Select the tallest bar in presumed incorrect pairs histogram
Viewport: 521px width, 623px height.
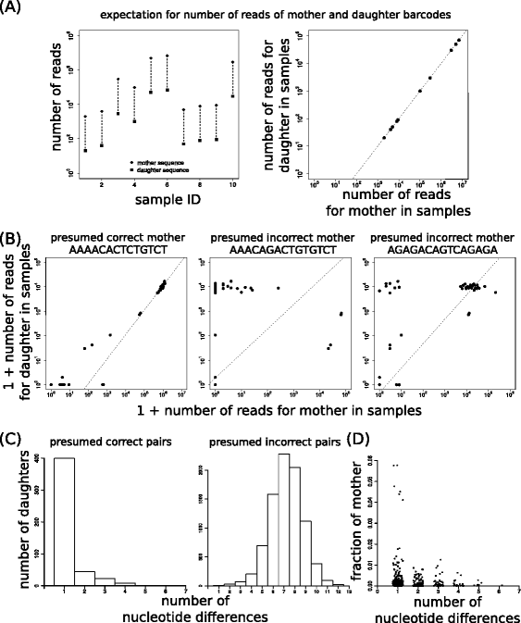[284, 518]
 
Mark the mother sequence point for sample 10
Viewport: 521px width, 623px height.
[232, 62]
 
